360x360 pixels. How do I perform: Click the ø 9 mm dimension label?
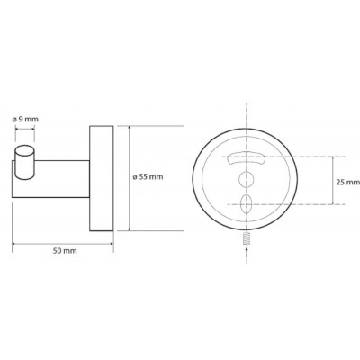[25, 119]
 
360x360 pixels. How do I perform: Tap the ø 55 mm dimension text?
[148, 177]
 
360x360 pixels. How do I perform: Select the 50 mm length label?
[65, 251]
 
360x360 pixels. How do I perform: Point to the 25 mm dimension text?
[348, 182]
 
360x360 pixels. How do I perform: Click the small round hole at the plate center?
[246, 180]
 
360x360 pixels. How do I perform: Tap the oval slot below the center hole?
[246, 204]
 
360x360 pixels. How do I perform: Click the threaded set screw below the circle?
[247, 239]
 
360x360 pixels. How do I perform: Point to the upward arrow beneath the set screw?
[247, 255]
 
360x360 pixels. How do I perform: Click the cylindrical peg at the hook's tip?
[24, 162]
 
